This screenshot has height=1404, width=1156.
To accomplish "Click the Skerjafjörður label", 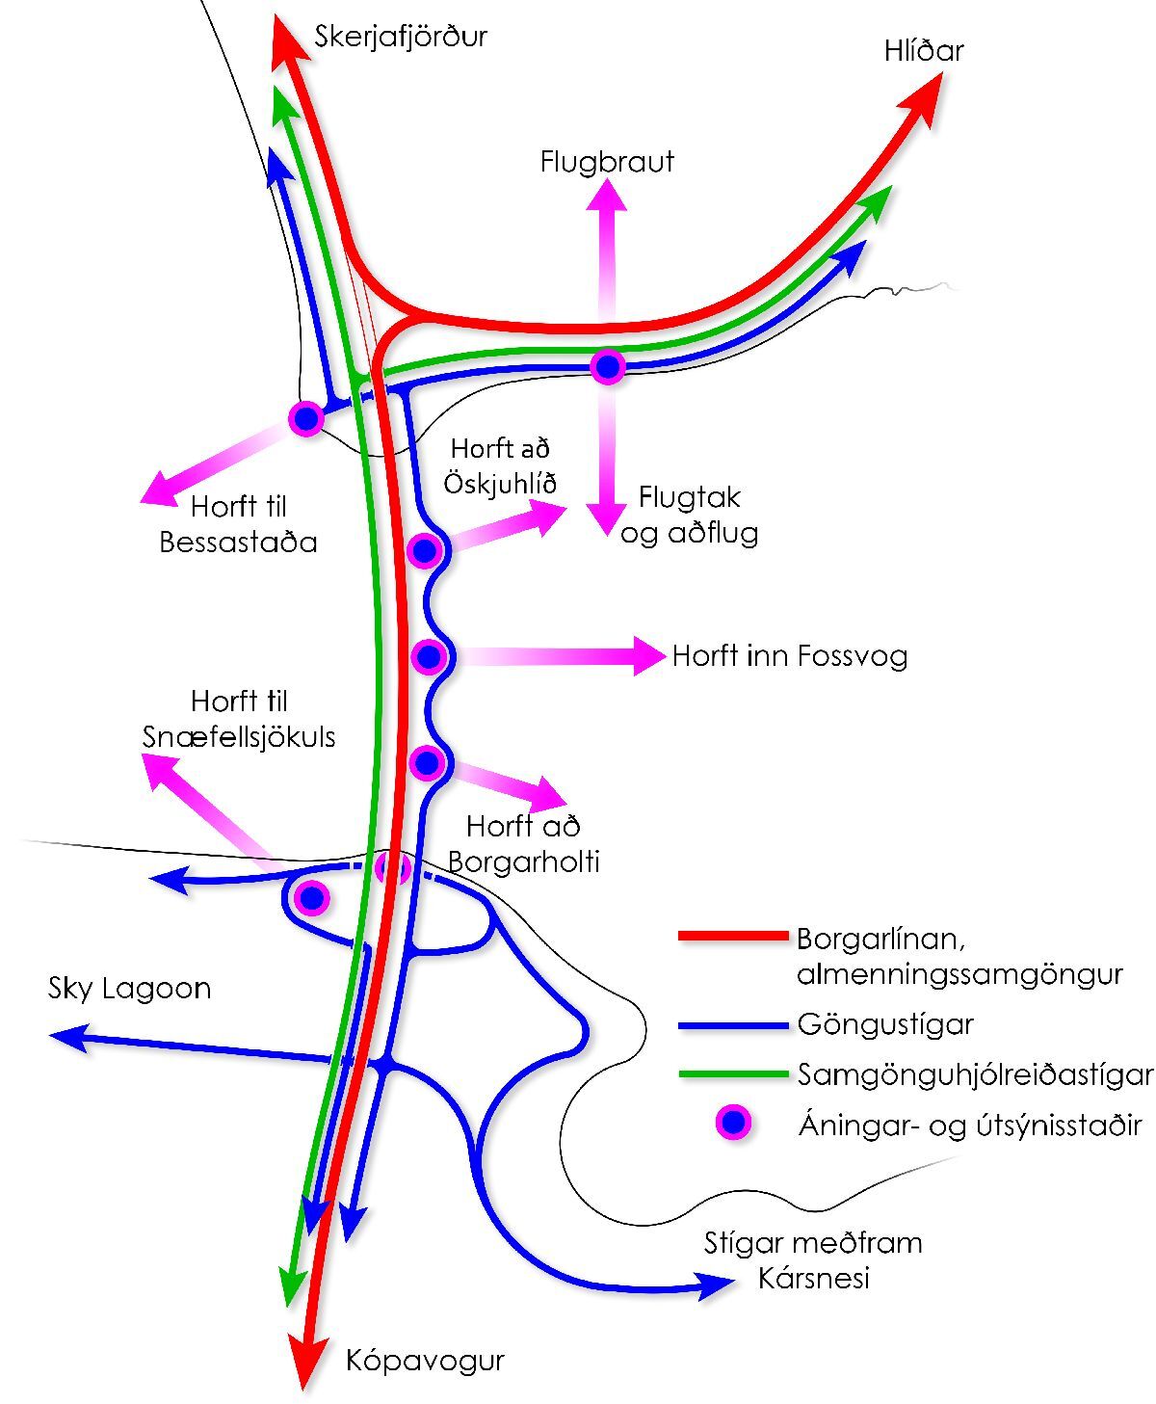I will [401, 37].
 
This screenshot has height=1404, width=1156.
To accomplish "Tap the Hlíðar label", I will [923, 50].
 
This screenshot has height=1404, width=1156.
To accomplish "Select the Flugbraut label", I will [607, 161].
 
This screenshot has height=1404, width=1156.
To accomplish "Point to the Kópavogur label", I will [425, 1361].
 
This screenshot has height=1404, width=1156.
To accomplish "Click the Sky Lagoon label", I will [129, 989].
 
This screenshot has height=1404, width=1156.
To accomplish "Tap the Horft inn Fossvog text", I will [789, 656].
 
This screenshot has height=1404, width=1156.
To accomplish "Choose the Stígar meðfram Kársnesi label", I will [813, 1260].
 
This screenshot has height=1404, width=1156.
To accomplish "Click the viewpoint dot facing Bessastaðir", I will [306, 418].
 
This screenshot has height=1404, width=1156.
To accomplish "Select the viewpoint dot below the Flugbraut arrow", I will [608, 366].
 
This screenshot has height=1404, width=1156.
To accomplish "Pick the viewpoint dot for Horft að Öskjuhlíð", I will [424, 551].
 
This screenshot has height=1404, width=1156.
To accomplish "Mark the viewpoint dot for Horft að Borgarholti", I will [425, 763].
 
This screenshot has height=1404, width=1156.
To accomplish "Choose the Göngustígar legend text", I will [885, 1023].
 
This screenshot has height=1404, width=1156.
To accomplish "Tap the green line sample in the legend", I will [732, 1073].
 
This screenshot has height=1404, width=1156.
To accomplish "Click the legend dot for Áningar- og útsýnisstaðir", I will [734, 1123].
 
